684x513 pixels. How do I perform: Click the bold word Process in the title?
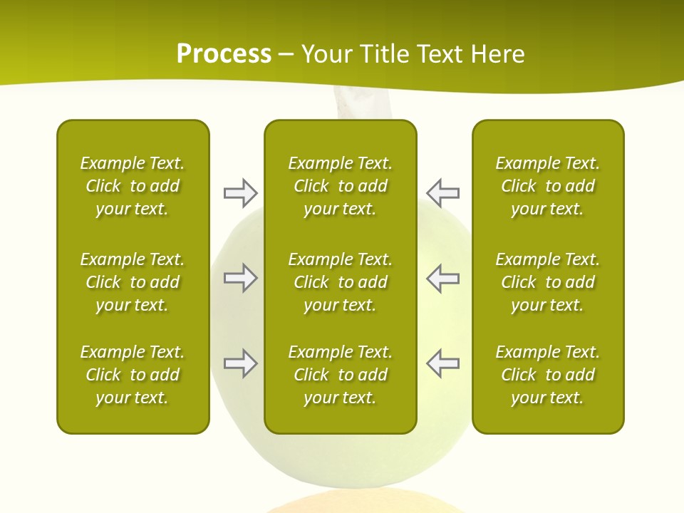(224, 54)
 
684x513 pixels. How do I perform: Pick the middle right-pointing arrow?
(240, 278)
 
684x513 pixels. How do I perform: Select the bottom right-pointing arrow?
(240, 363)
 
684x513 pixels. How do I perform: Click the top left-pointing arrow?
(442, 192)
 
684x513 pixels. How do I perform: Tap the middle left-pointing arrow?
(442, 278)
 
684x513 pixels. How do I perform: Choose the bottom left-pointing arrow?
(442, 363)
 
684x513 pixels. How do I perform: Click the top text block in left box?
(133, 186)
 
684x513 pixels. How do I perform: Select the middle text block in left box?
(133, 282)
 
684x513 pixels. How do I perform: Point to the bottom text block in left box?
(133, 375)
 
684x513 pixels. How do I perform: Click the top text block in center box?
(340, 186)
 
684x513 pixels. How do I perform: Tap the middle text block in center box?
(340, 282)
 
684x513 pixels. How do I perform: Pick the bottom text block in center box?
(340, 375)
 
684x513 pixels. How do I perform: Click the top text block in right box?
(548, 186)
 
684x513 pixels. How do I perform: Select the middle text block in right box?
(548, 282)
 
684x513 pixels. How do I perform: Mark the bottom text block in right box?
(548, 375)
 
